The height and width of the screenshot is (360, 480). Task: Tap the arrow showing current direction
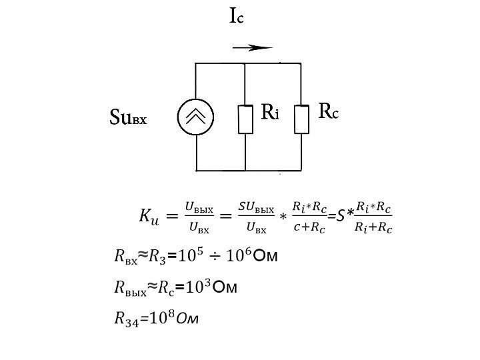point(253,48)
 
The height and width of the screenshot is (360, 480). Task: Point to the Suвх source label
point(127,119)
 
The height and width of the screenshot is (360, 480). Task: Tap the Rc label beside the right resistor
point(328,111)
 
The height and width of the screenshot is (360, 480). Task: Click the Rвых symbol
point(129,288)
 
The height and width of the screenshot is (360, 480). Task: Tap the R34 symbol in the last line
point(125,319)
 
